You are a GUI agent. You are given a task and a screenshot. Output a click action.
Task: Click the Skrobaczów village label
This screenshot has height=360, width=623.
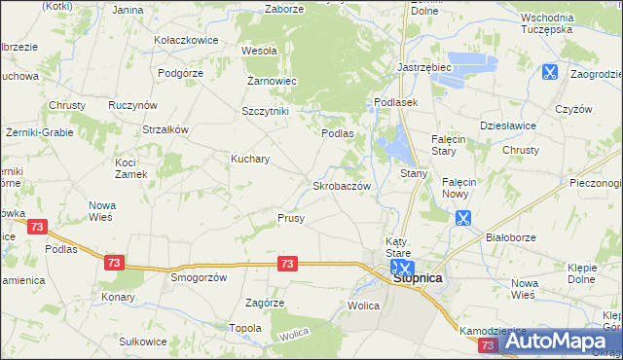click(341, 185)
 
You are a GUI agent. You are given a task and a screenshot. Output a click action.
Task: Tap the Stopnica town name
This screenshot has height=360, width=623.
click(419, 278)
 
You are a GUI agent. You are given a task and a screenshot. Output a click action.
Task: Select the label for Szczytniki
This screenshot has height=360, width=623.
click(266, 111)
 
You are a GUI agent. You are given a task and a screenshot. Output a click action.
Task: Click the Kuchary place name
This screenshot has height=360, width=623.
click(250, 158)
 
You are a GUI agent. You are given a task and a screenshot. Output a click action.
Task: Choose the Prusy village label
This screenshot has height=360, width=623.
click(291, 218)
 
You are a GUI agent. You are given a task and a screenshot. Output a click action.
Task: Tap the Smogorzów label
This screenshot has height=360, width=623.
click(199, 276)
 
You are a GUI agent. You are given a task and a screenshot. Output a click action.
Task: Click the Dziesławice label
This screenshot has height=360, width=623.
click(504, 126)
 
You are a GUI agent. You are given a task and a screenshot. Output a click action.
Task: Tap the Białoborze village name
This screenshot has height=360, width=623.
click(511, 235)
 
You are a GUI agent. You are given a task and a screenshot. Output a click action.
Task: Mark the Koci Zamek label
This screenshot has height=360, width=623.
click(130, 167)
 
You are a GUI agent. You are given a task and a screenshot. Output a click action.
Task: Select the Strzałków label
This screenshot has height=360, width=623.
click(165, 128)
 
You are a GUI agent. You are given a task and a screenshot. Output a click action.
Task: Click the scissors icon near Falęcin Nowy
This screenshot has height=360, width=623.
click(463, 219)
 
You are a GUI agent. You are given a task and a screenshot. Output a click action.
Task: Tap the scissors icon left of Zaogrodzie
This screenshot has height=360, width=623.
click(549, 71)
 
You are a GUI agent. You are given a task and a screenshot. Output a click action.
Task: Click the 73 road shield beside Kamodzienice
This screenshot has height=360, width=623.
click(488, 344)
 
